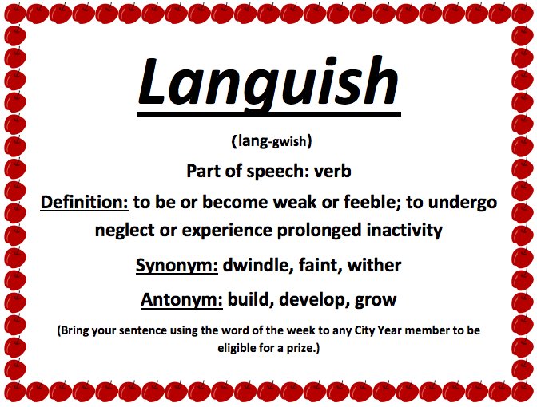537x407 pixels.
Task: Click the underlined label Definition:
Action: (x=84, y=202)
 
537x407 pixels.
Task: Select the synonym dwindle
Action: (x=260, y=265)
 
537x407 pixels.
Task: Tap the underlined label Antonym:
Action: (x=181, y=300)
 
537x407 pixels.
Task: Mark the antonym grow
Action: (x=375, y=300)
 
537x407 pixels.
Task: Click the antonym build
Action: (x=249, y=300)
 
